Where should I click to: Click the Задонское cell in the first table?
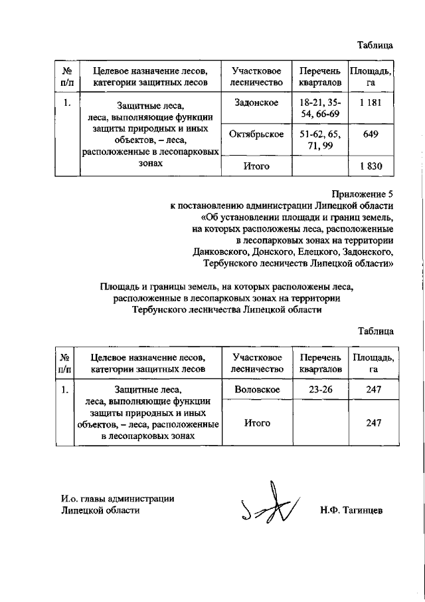click(256, 103)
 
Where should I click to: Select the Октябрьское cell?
click(256, 134)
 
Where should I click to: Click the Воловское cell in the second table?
click(256, 389)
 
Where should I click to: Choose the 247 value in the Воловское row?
click(373, 389)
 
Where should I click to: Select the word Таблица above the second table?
click(375, 331)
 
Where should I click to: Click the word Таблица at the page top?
click(375, 45)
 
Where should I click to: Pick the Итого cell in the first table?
click(256, 166)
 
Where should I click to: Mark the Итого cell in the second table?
click(256, 422)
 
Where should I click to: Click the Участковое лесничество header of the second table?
click(256, 362)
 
